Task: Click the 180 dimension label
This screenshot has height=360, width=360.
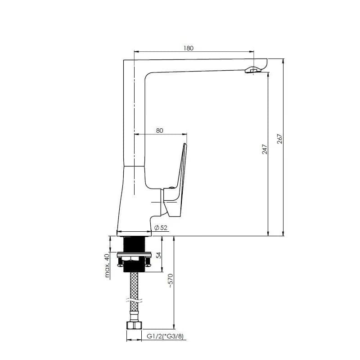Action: tap(188, 48)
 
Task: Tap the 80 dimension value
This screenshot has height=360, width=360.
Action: tap(160, 130)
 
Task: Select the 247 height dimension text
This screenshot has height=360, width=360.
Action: tap(265, 149)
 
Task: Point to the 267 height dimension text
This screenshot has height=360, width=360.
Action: tap(280, 139)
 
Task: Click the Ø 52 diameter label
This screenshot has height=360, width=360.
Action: tap(161, 228)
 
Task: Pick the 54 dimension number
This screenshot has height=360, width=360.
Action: tap(159, 255)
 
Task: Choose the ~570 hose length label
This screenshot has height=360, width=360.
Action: tap(171, 281)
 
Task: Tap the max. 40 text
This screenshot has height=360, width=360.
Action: tap(107, 265)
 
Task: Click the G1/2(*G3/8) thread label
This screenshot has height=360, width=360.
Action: tap(165, 336)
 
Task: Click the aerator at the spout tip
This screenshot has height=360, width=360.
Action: tap(252, 70)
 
